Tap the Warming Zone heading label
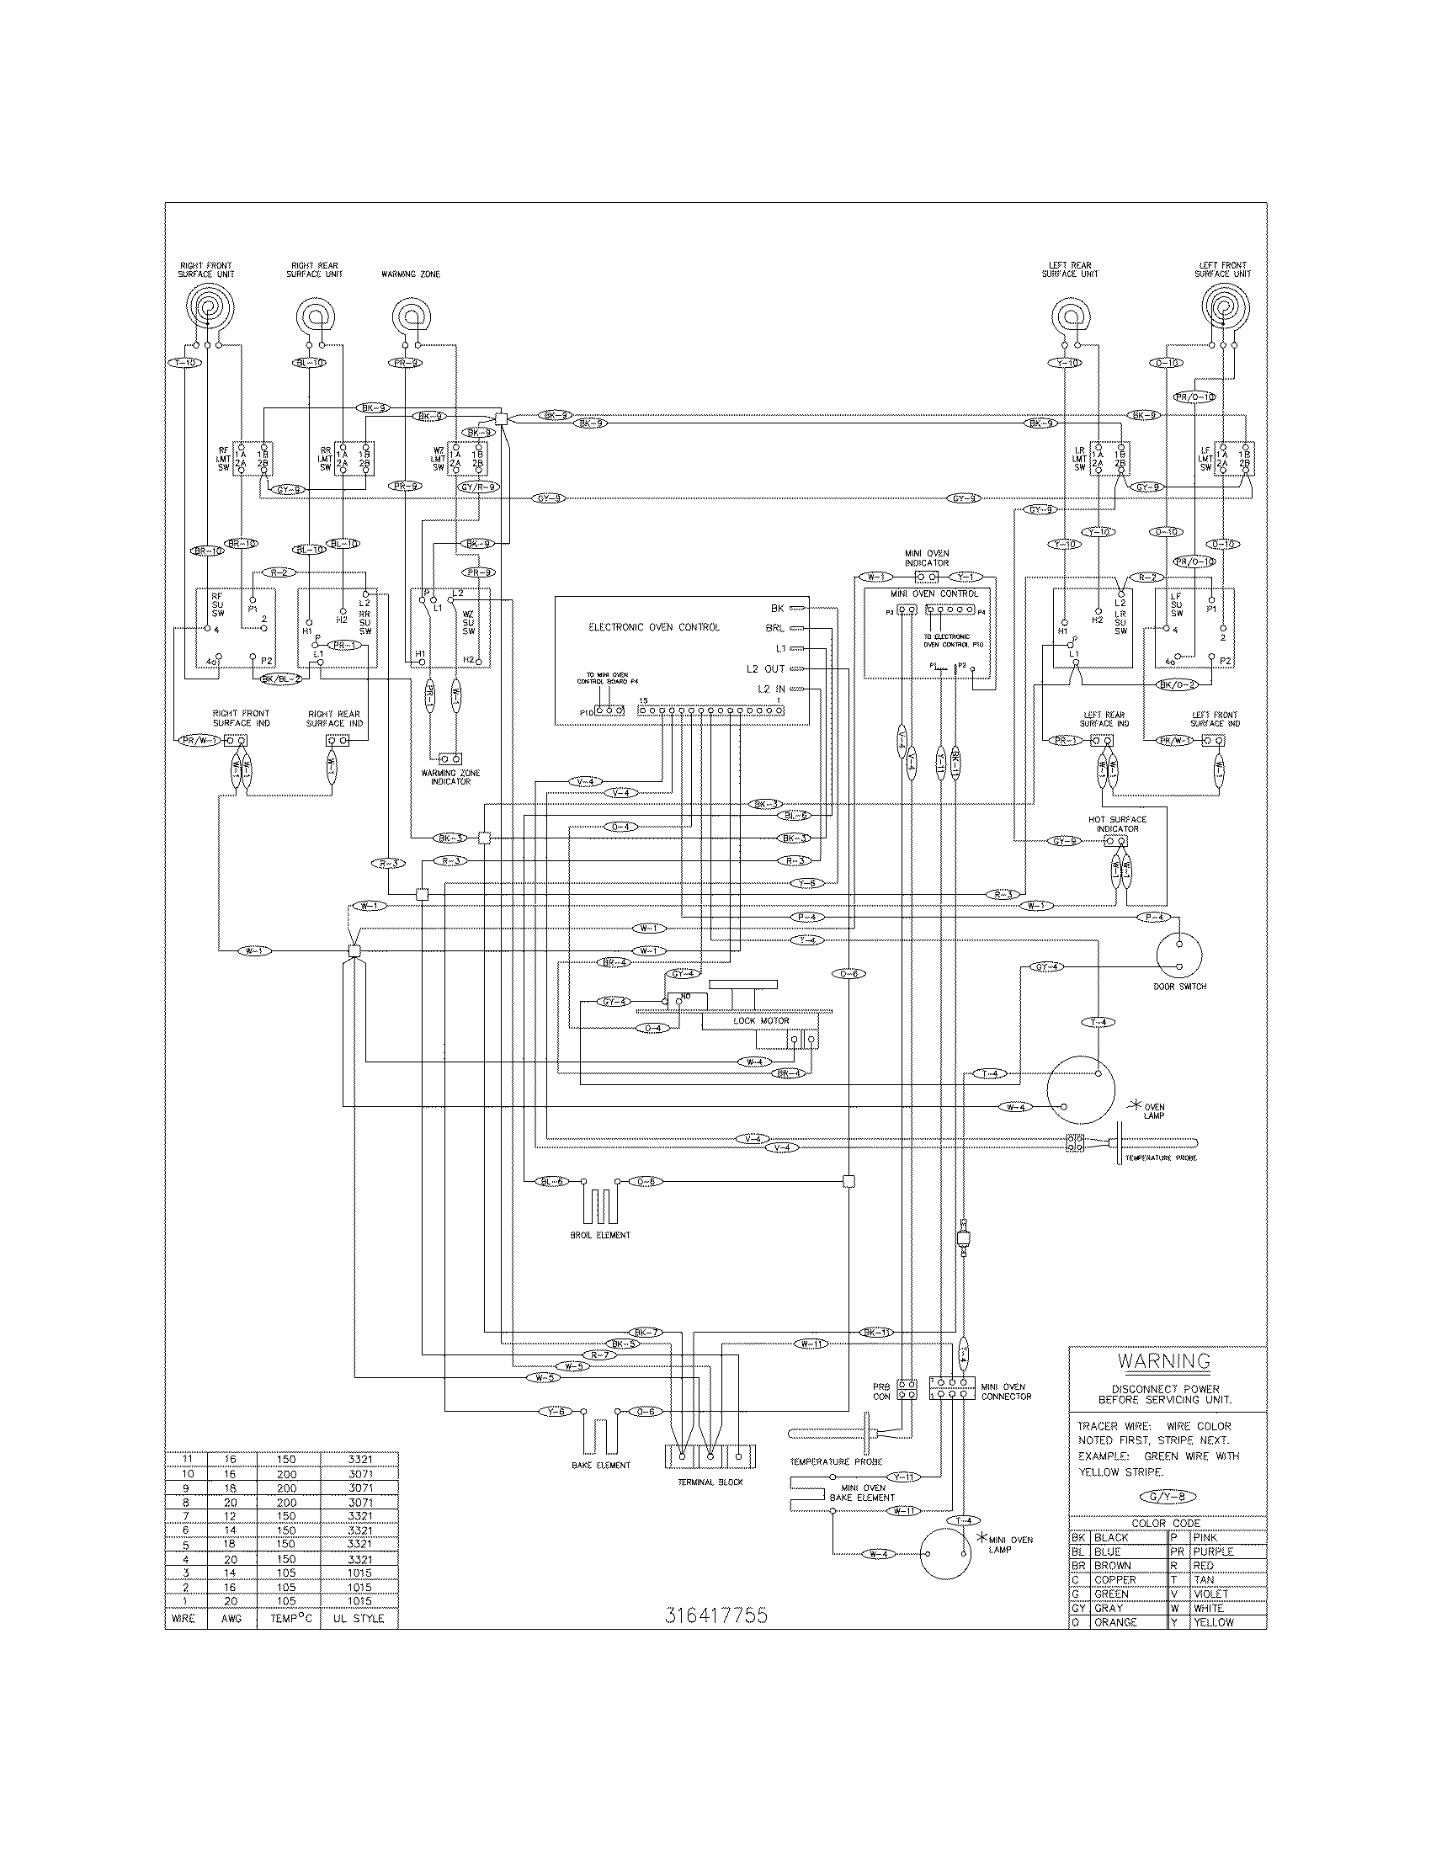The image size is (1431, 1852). (410, 274)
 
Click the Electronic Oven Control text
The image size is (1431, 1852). (653, 627)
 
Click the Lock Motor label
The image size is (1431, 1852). (760, 1021)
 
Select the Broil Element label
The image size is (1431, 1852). (600, 1236)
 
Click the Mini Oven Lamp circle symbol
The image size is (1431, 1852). (945, 1554)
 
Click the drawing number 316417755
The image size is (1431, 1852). (716, 1615)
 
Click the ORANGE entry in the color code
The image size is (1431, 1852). (1114, 1622)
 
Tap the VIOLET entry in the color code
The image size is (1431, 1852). (1210, 1594)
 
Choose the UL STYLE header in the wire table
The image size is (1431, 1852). (359, 1619)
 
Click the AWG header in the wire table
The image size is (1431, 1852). (231, 1619)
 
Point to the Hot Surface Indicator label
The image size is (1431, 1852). (1117, 823)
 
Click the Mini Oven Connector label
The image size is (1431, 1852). (1006, 1392)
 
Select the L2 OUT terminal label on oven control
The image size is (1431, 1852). (765, 669)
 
